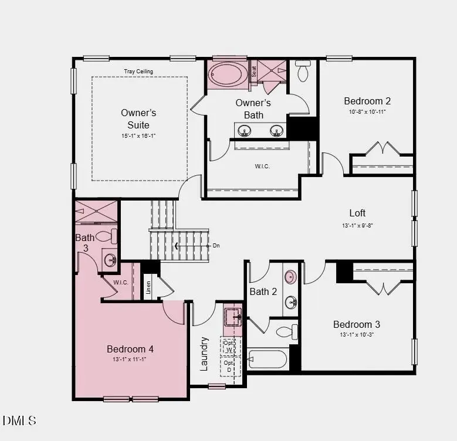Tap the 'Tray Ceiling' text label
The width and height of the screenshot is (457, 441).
pyautogui.click(x=138, y=72)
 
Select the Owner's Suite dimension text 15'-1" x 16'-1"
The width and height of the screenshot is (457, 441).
pyautogui.click(x=138, y=135)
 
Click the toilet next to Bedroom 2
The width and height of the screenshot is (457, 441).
pyautogui.click(x=303, y=72)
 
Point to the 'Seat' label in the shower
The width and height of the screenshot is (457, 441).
pyautogui.click(x=254, y=72)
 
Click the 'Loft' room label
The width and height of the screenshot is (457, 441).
pyautogui.click(x=357, y=213)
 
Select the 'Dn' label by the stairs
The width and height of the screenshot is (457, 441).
pyautogui.click(x=216, y=245)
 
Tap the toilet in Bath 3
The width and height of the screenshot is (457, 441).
pyautogui.click(x=107, y=236)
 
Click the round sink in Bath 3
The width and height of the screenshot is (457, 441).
pyautogui.click(x=109, y=260)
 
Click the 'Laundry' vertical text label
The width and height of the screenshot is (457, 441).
pyautogui.click(x=204, y=353)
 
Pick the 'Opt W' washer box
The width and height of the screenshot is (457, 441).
pyautogui.click(x=229, y=346)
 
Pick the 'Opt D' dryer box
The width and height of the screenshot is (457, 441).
pyautogui.click(x=229, y=366)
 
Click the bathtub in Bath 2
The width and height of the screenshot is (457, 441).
pyautogui.click(x=268, y=358)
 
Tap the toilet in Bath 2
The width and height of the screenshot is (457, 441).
pyautogui.click(x=287, y=331)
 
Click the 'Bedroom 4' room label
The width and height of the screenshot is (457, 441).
pyautogui.click(x=130, y=349)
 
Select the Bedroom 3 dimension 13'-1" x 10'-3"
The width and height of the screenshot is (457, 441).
pyautogui.click(x=357, y=335)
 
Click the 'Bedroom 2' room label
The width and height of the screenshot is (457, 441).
pyautogui.click(x=367, y=101)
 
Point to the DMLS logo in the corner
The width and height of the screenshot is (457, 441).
pyautogui.click(x=19, y=420)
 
